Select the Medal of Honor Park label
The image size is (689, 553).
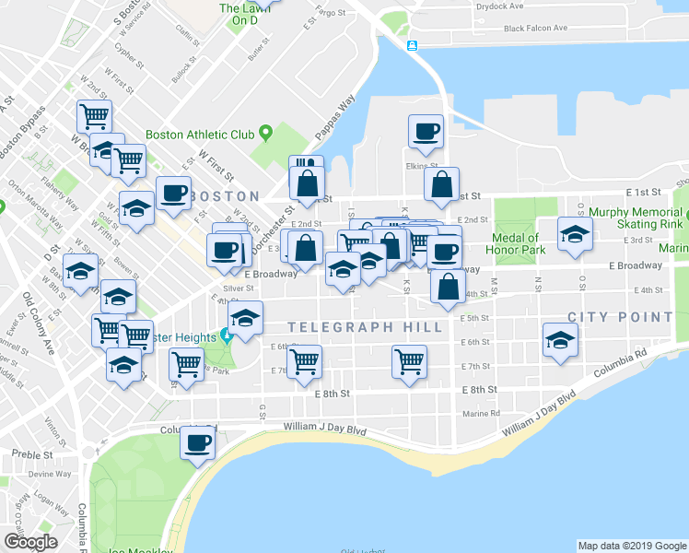pos(520,244)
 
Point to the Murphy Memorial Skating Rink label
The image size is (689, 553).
pos(636,218)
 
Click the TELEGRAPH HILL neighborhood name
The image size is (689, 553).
pos(365,327)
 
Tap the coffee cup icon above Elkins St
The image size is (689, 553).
pos(426,132)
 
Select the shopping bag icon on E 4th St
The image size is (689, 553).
pos(447,288)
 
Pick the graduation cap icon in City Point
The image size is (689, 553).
pos(560,341)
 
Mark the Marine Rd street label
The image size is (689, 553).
pos(481,414)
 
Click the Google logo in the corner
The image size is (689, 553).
pos(30,542)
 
